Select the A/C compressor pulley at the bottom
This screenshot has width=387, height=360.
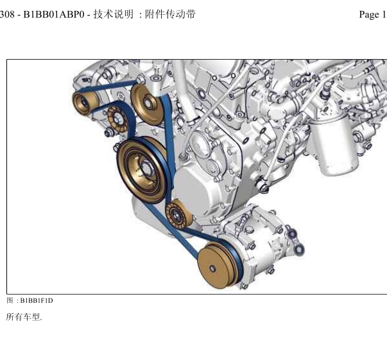click(x=219, y=265)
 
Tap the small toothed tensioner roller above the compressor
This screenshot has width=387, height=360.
click(x=178, y=214)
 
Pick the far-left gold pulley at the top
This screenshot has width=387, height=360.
click(x=84, y=103)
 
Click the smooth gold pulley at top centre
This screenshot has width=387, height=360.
click(x=148, y=105)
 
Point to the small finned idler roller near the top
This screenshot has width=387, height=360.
click(x=118, y=119)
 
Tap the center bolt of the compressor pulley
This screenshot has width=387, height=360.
click(x=212, y=268)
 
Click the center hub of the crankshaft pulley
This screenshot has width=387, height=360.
click(x=146, y=168)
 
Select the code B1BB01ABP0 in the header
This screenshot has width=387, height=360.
click(x=54, y=15)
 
